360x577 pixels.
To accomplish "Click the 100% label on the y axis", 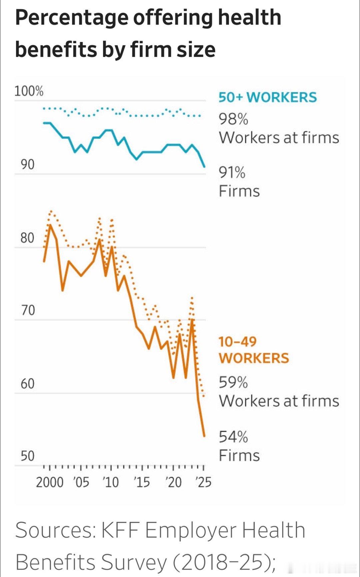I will point(29,91).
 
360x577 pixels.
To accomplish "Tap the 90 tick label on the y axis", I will point(27,164).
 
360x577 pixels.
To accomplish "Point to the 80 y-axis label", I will point(27,238).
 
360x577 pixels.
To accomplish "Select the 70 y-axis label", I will point(27,310).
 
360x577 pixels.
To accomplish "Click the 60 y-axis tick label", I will point(27,384).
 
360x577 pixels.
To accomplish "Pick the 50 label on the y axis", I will point(27,456).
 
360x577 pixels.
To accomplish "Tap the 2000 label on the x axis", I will point(49,482).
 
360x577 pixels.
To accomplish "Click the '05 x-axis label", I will point(81,482).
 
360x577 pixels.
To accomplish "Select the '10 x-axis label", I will point(111,482).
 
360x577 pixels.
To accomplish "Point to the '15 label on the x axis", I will point(141,482).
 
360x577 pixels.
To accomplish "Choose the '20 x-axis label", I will point(173,482).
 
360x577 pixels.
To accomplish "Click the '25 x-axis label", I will point(203,482).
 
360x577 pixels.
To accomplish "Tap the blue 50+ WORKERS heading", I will point(267,97).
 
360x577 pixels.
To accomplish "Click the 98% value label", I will point(233,119).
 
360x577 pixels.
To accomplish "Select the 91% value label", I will point(232,173).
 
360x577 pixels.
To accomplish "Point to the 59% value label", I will point(233,383).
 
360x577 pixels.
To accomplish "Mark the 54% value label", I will point(233,437).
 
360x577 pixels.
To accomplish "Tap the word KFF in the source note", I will point(119,530).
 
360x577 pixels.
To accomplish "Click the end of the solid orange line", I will point(204,436).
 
